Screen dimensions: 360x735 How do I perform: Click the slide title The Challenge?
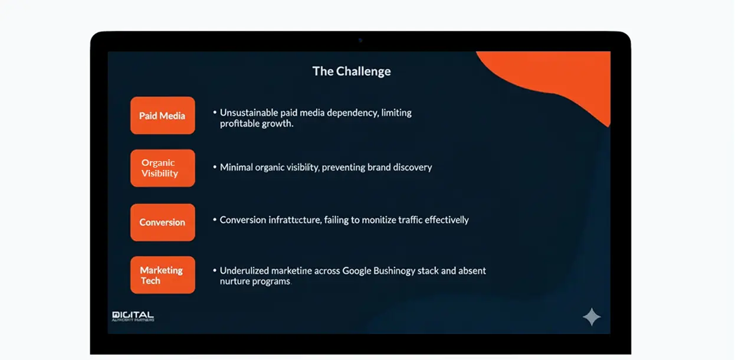352,71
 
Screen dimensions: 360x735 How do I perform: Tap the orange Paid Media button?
162,116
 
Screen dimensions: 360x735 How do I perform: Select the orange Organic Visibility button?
162,168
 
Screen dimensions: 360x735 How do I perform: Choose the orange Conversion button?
162,222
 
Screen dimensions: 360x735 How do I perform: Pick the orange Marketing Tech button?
162,275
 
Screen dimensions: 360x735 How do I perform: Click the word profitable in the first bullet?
237,124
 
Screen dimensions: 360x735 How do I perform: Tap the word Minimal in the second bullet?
236,168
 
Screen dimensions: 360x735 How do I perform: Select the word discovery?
412,168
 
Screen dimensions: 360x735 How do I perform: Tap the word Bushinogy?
395,271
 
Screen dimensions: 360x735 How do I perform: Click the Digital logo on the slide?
133,316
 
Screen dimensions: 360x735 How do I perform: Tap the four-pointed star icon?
591,317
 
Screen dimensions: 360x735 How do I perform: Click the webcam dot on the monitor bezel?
360,40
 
